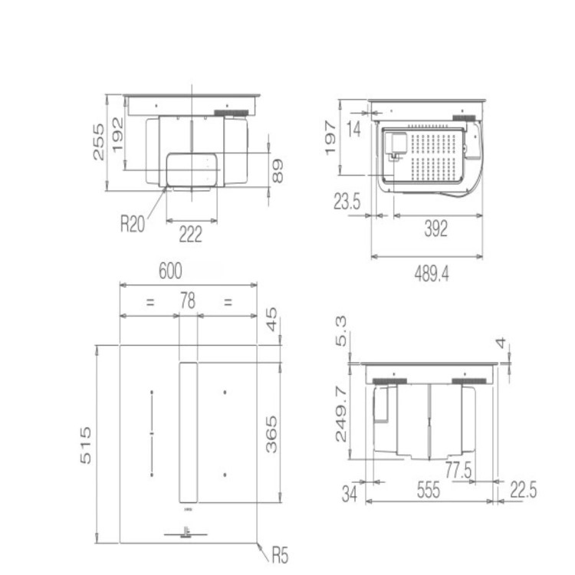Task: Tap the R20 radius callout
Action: [133, 225]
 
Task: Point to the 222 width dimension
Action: [190, 234]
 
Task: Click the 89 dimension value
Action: [277, 170]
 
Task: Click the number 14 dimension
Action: [353, 130]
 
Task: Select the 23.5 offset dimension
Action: [347, 202]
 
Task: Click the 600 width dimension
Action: [170, 271]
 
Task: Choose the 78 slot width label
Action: [187, 302]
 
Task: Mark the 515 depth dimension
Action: [86, 445]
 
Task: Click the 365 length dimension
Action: [272, 434]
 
